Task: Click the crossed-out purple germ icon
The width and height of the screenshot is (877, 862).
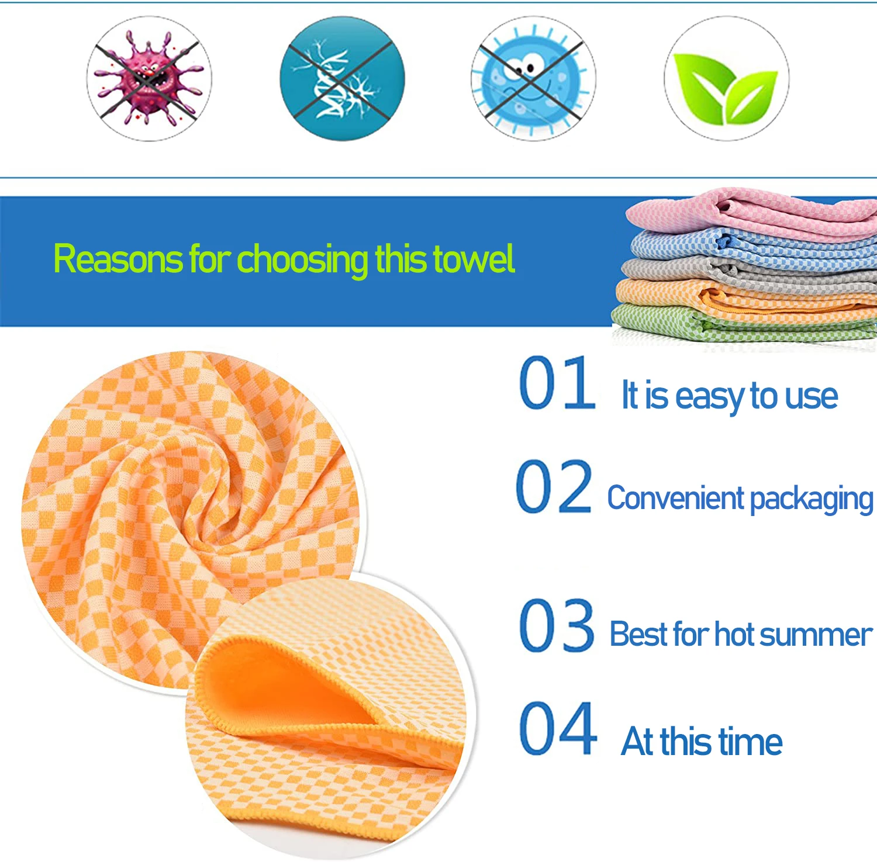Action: click(149, 79)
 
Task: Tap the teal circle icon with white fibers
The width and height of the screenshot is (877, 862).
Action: click(342, 79)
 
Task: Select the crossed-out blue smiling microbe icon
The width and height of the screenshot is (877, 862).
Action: click(533, 79)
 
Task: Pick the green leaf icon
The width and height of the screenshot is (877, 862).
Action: click(726, 79)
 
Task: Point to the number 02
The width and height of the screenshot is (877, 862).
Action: click(554, 487)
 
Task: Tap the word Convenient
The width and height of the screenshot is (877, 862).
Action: click(675, 498)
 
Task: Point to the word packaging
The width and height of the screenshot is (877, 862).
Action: click(811, 500)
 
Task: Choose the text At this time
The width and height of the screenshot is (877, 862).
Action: click(701, 742)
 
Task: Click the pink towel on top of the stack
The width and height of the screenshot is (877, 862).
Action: click(754, 210)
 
